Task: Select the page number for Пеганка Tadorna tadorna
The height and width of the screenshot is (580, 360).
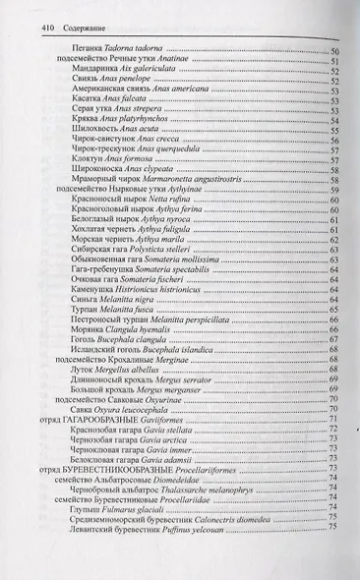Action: tap(333, 49)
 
